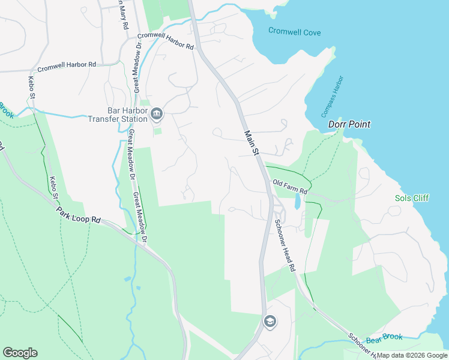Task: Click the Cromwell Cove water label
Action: [294, 32]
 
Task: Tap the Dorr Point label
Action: [349, 125]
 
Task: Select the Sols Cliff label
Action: [412, 198]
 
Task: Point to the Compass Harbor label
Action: [331, 97]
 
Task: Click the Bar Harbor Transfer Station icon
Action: [157, 113]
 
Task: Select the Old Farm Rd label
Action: [290, 187]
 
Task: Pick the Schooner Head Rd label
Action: [285, 245]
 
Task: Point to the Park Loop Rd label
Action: [78, 215]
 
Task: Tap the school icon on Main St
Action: [270, 322]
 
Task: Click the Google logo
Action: [20, 353]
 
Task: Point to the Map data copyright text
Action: [412, 355]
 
